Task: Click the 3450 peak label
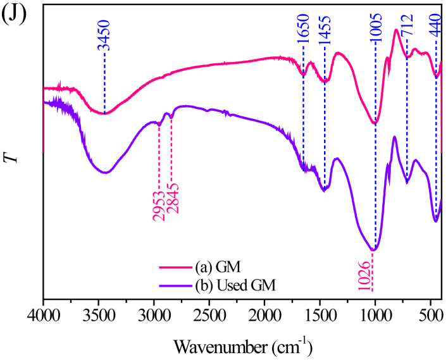point(104,35)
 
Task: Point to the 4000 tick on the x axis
point(43,314)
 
